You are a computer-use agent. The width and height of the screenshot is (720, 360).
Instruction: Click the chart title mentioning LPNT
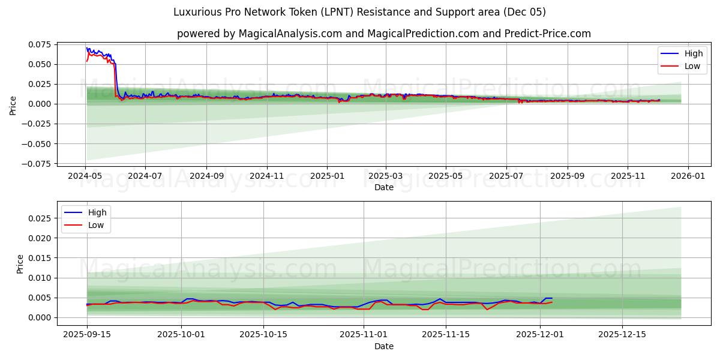359,12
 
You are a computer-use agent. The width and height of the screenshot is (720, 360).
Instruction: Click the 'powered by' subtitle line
384,34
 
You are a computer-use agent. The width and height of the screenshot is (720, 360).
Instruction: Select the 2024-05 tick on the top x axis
86,176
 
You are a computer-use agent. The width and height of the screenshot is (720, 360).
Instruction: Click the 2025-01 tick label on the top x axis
327,176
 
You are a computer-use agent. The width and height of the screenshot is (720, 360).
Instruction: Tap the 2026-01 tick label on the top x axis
688,176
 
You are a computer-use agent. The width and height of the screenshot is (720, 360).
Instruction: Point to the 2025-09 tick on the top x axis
567,176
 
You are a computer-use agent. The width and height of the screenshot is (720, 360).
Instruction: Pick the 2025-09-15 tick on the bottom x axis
87,335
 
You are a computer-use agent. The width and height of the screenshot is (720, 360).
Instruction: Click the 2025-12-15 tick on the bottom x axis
622,335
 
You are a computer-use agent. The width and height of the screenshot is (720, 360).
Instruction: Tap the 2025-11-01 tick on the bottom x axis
364,335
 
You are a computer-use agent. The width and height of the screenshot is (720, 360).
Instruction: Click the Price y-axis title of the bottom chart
20,263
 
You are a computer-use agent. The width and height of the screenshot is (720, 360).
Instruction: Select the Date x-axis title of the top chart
384,187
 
